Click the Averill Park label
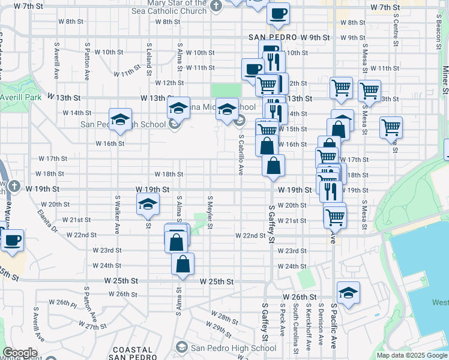(x=20, y=97)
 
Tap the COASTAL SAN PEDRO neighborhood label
(x=132, y=354)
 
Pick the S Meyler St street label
(x=210, y=211)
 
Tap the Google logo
(x=20, y=353)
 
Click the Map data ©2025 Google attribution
(x=412, y=355)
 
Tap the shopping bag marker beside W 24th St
(x=182, y=263)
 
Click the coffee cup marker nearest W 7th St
(x=278, y=13)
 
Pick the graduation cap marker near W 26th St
(x=348, y=292)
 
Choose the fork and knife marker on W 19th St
(x=331, y=191)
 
